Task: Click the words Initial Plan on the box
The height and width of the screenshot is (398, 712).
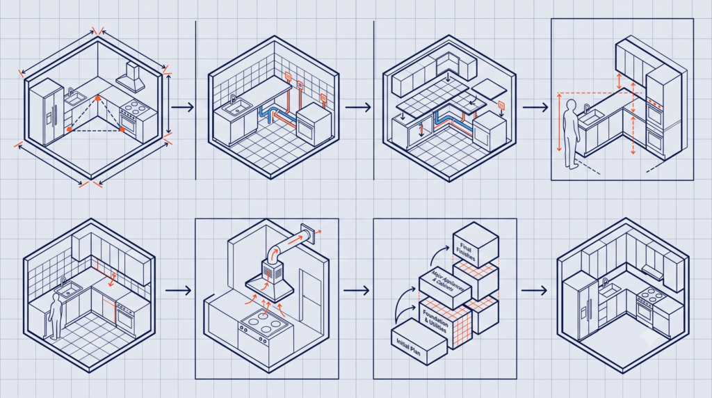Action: click(409, 347)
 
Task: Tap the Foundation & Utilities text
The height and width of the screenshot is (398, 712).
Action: click(435, 321)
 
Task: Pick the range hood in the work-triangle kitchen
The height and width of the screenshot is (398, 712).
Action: click(130, 77)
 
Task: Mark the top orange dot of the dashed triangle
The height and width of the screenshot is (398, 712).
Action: click(97, 98)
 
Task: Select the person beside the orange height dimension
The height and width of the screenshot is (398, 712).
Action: click(570, 134)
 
